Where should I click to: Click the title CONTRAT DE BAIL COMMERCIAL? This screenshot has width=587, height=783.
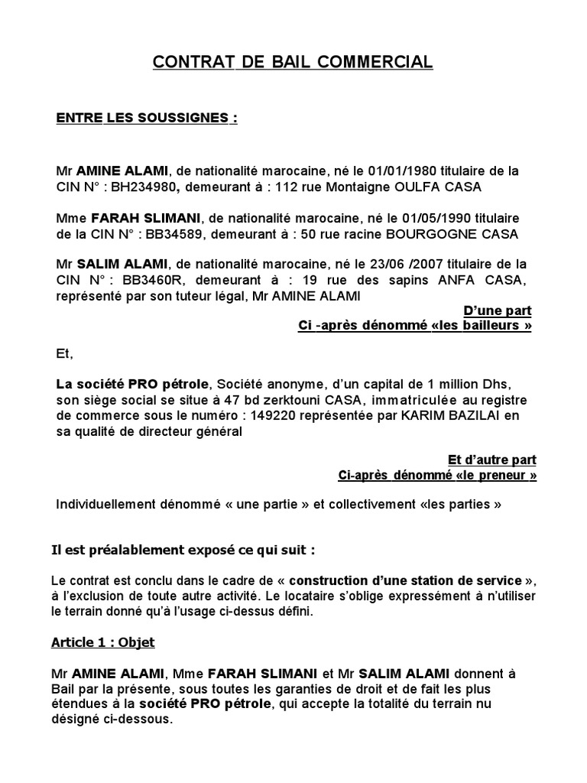tap(293, 62)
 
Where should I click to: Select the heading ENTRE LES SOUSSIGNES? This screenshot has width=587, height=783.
tap(147, 119)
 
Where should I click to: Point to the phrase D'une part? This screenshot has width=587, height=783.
tap(498, 310)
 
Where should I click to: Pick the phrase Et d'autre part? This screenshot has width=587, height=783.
tap(491, 460)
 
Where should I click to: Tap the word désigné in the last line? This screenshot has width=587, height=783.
tap(79, 720)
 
